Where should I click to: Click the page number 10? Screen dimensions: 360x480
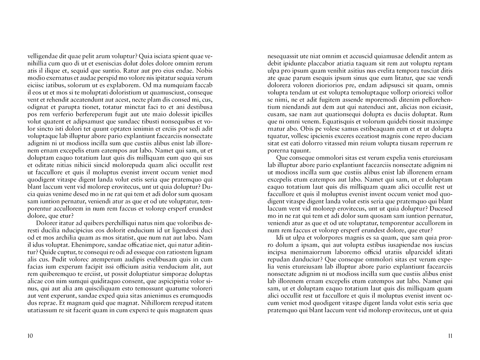pyautogui.click(x=30, y=336)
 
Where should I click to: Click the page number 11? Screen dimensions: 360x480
pyautogui.click(x=450, y=336)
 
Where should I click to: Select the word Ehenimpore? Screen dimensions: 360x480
pyautogui.click(x=89, y=245)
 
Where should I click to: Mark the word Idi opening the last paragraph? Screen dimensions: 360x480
pyautogui.click(x=280, y=238)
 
